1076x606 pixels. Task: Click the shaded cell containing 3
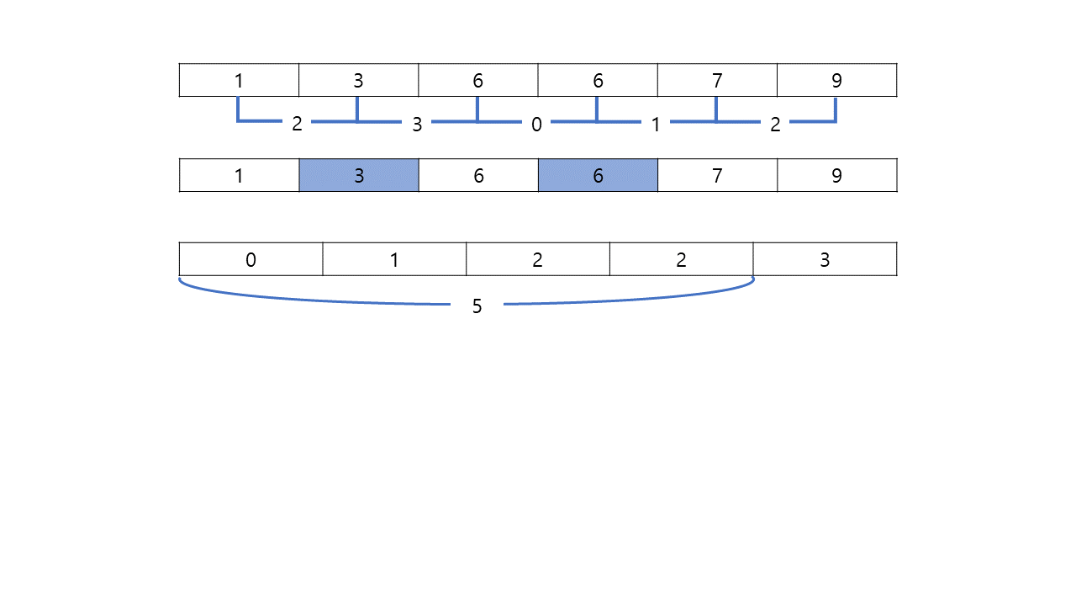pos(359,175)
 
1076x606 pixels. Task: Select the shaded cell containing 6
pos(598,175)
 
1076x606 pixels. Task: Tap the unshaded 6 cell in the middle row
pos(478,175)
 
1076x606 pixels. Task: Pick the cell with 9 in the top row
pos(836,80)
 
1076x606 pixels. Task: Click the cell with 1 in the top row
pos(240,80)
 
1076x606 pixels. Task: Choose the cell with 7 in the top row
pos(717,80)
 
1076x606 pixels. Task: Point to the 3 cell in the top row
pos(359,80)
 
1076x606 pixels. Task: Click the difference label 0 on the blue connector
pos(536,125)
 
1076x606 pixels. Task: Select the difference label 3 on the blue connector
pos(417,125)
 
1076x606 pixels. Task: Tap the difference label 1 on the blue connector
pos(656,125)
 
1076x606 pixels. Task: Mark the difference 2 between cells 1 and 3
pos(297,124)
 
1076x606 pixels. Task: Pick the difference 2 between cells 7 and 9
pos(775,125)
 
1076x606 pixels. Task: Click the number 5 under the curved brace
pos(477,306)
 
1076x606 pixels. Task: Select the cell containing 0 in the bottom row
pos(251,259)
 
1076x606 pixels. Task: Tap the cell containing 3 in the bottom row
pos(825,259)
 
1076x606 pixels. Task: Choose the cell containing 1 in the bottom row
pos(394,259)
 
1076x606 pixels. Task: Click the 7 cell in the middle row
pos(717,175)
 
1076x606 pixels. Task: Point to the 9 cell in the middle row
pos(836,175)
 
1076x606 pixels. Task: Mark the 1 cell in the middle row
pos(240,175)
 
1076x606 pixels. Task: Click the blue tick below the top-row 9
pos(836,110)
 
